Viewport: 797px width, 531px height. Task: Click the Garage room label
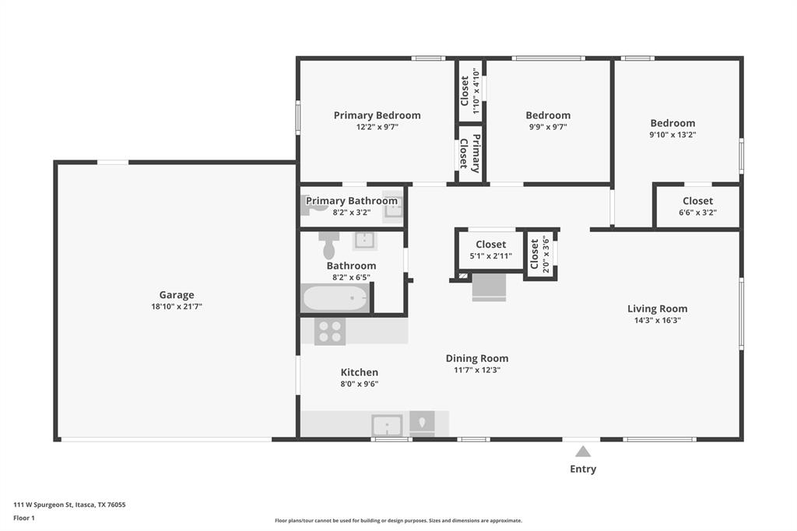tap(177, 295)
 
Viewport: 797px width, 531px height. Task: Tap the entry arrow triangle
tap(583, 452)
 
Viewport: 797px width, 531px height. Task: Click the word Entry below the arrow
tap(583, 469)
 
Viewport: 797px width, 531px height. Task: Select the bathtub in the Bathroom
tap(335, 297)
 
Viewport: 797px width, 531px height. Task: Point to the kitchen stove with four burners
tap(330, 331)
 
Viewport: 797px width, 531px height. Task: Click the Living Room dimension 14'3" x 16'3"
tap(657, 321)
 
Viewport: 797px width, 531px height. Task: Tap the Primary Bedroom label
tap(377, 115)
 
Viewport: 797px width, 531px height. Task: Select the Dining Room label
tap(477, 359)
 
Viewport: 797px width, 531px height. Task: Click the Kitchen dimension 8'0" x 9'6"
tap(360, 384)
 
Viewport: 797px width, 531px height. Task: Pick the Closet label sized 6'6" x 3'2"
tap(697, 201)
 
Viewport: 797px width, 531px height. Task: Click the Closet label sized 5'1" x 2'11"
tap(490, 244)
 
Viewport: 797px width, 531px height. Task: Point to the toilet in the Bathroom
tap(329, 245)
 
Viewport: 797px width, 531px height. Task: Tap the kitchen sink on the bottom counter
tap(387, 425)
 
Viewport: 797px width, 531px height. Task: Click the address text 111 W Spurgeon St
tap(43, 505)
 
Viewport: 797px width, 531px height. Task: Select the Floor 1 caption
tap(24, 519)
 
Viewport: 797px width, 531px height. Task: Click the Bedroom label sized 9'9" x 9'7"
tap(548, 115)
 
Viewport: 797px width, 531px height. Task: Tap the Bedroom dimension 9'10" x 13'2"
tap(672, 135)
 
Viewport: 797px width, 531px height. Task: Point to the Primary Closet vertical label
tap(470, 153)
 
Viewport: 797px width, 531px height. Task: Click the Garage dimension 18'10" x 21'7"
tap(177, 307)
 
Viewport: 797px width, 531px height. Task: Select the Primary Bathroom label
tap(351, 201)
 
